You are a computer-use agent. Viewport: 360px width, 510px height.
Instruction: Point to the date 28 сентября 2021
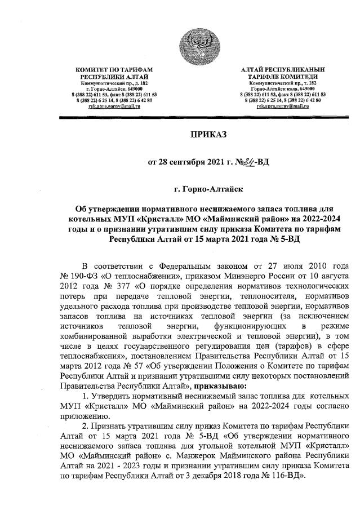(189, 163)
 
